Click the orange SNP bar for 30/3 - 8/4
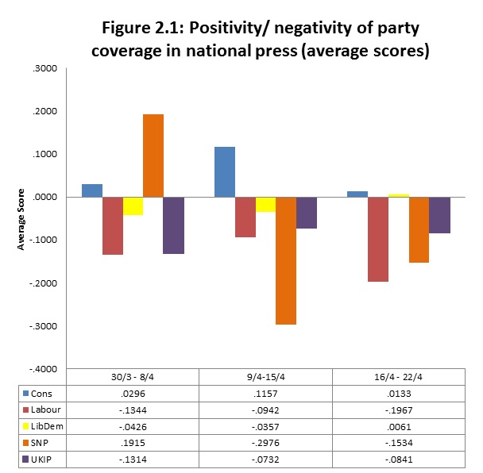point(153,156)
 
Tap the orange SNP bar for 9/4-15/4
point(286,260)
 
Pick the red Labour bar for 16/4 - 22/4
point(378,239)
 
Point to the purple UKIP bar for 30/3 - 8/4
point(173,225)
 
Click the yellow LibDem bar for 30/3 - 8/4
point(133,206)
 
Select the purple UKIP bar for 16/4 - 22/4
point(439,215)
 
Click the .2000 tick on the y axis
point(44,112)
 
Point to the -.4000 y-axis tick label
point(43,369)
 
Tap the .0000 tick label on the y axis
point(44,198)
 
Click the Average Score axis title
point(21,219)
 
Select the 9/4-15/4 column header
point(265,377)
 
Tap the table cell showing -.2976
point(265,440)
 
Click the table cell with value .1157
point(265,393)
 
